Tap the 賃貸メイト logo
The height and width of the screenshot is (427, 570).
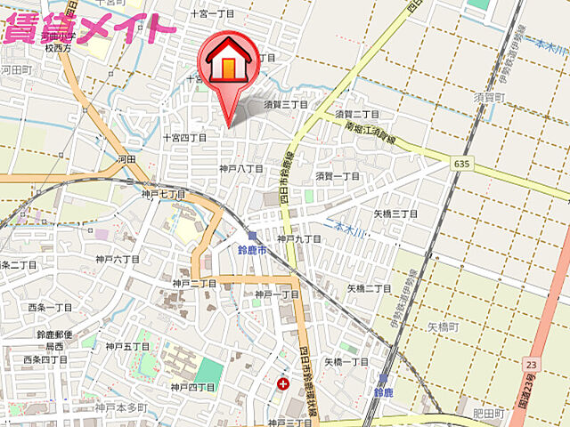pyautogui.click(x=89, y=28)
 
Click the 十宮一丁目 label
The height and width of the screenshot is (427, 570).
pyautogui.click(x=212, y=14)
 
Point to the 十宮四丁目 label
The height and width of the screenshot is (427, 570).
pyautogui.click(x=184, y=138)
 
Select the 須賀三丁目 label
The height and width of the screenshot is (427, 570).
pyautogui.click(x=285, y=104)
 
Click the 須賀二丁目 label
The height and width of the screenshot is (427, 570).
pyautogui.click(x=357, y=115)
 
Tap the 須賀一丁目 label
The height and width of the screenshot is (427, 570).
pyautogui.click(x=338, y=176)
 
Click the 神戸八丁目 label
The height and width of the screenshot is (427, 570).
pyautogui.click(x=240, y=168)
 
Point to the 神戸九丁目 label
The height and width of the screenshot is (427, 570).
pyautogui.click(x=299, y=238)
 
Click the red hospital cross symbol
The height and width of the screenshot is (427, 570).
pyautogui.click(x=283, y=384)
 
